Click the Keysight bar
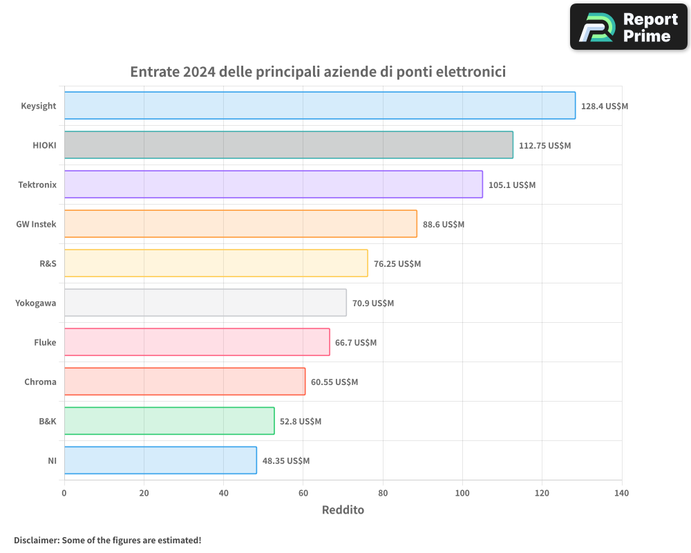(x=319, y=106)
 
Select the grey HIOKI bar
(x=288, y=145)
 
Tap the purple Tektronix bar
(x=273, y=185)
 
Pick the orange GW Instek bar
(x=240, y=224)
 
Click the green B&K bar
(x=169, y=421)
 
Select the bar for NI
(x=160, y=460)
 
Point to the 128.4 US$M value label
(x=604, y=106)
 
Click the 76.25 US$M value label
(x=397, y=264)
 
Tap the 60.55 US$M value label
(x=334, y=382)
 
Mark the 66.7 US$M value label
(x=356, y=343)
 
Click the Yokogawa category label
(x=36, y=303)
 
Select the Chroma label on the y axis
(x=40, y=382)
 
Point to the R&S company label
(x=48, y=263)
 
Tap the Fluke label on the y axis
(x=45, y=342)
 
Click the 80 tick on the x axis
(x=383, y=493)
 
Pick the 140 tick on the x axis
(x=621, y=493)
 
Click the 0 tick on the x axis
(x=64, y=493)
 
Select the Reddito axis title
(x=343, y=510)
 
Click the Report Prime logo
(x=628, y=27)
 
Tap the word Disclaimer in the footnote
(x=35, y=540)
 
